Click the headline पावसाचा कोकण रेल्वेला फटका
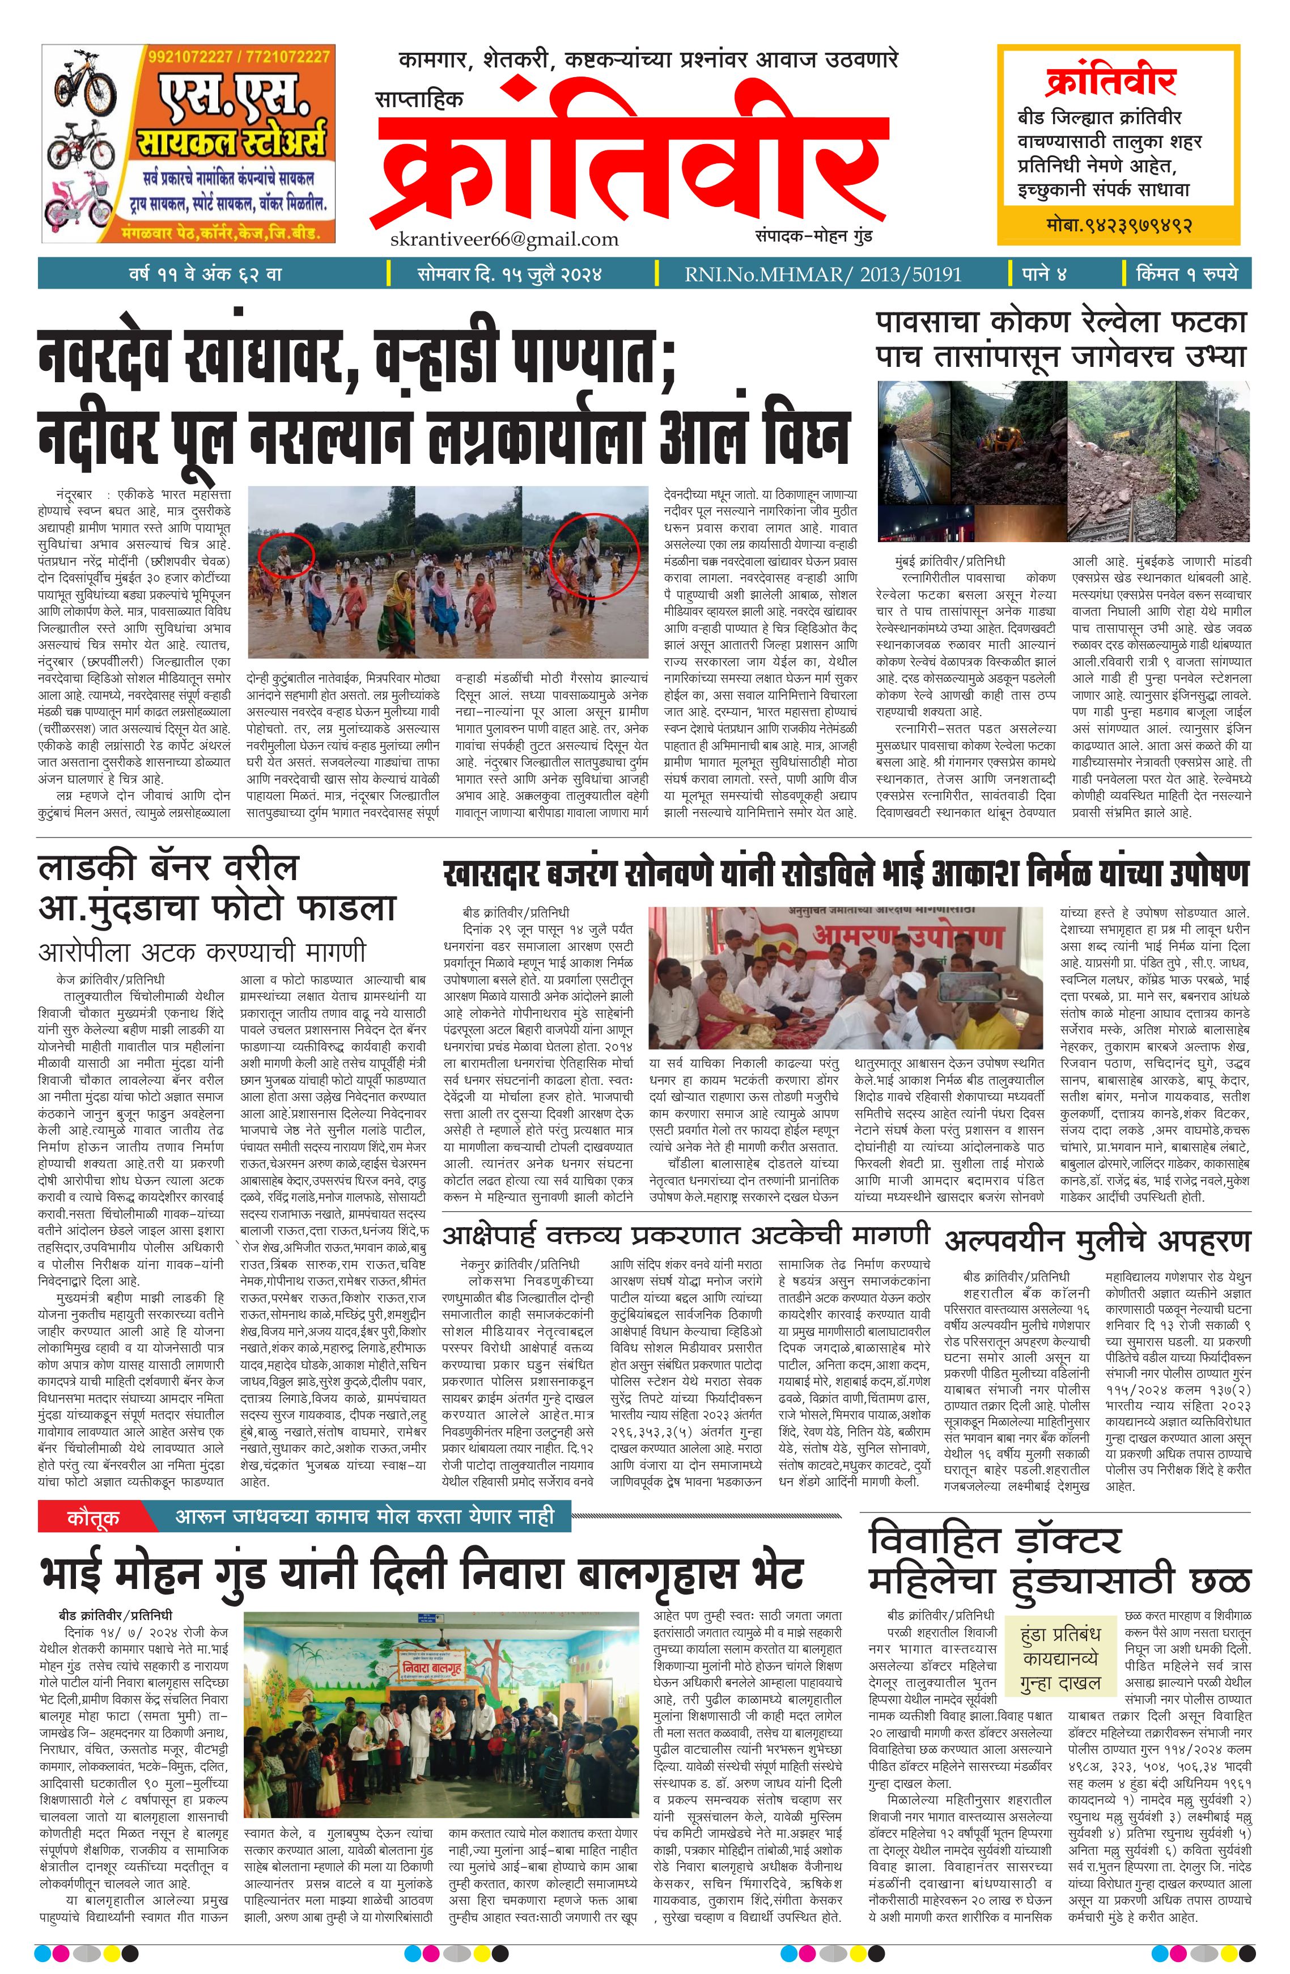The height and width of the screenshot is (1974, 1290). pos(1060,321)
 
